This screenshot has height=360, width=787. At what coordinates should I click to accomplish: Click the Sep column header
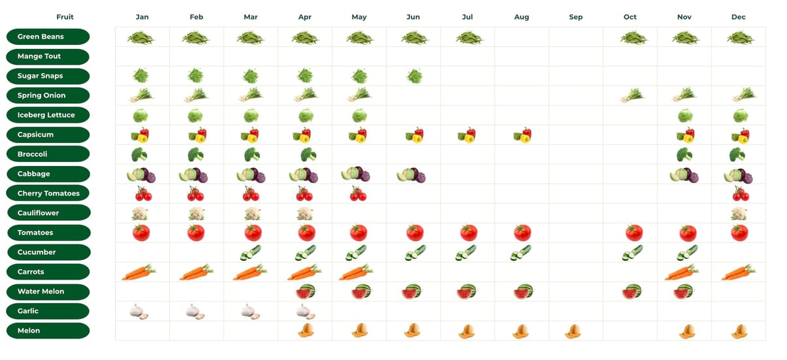coord(575,17)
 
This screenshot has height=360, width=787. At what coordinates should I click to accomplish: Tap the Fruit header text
coord(65,17)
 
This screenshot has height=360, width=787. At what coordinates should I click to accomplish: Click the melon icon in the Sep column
coord(573,331)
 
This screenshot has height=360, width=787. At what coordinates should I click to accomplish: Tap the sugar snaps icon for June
coord(414,76)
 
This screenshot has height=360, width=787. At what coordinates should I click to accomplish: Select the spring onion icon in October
coord(632,95)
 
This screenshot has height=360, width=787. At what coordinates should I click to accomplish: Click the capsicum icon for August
coord(522,135)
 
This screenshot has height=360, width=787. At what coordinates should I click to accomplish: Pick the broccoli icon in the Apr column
coord(308,155)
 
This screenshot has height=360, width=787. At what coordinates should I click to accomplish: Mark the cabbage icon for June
coord(411,175)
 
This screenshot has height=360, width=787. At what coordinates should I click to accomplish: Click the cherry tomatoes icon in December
coord(740,194)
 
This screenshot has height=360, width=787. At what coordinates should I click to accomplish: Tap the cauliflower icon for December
coord(739,214)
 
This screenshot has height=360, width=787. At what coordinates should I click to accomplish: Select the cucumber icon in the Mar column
coord(251,253)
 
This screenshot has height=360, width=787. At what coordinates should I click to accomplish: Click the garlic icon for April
coord(305,312)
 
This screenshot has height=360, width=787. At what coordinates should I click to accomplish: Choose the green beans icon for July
coord(468,37)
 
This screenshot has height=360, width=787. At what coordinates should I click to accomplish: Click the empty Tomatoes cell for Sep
coord(575,233)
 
